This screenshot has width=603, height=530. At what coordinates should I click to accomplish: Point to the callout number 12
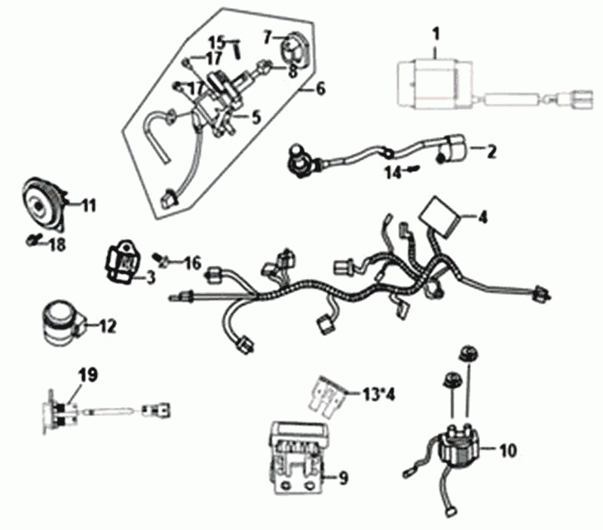[108, 326]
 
